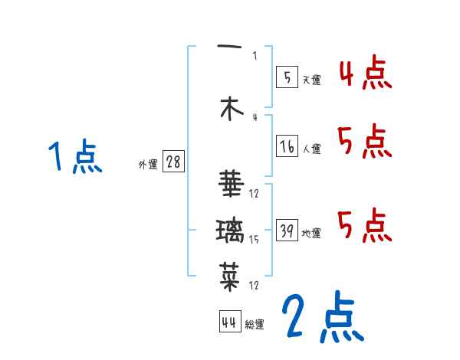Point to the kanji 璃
[230, 230]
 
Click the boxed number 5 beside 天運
[286, 77]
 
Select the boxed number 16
[286, 146]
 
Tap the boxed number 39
[286, 230]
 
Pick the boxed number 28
[173, 162]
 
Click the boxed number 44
[229, 322]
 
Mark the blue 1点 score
[74, 158]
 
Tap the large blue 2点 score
[321, 316]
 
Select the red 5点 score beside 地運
[366, 224]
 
